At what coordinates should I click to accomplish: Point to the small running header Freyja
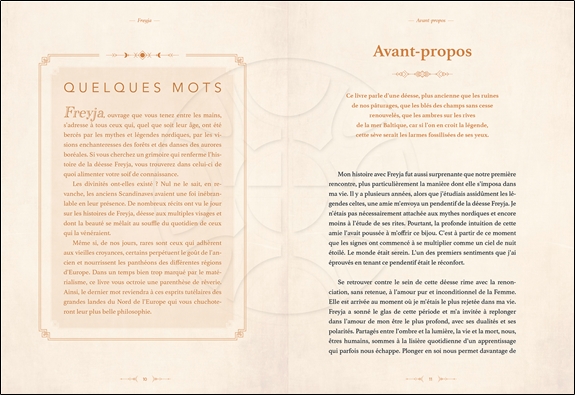tap(145, 17)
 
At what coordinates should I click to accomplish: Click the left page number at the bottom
tap(145, 379)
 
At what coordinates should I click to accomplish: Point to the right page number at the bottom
tap(429, 379)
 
